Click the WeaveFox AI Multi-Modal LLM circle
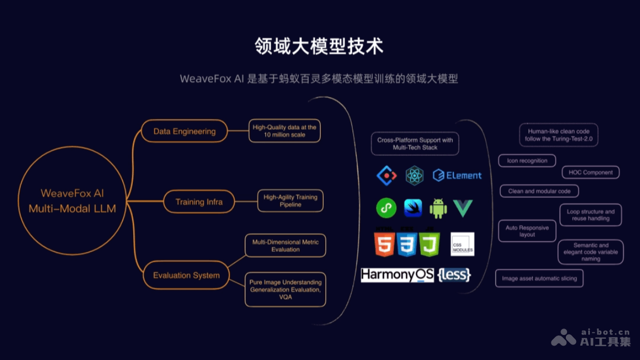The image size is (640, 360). coord(72,201)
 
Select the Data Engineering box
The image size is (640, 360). coord(185,131)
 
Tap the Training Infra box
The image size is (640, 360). coord(199,202)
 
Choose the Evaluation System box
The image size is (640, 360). coord(186,275)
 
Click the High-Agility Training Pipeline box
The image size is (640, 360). coord(290,201)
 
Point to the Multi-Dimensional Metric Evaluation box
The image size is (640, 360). coord(285,245)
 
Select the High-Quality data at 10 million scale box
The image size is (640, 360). coord(284,131)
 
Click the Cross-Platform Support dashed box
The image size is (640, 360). coord(415,143)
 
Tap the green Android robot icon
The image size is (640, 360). coord(438,208)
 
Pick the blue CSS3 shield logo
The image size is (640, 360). coord(406,244)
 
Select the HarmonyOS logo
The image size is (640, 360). coord(397,275)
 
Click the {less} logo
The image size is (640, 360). coord(454,275)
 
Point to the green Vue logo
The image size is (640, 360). coord(463,208)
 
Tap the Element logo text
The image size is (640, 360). coord(457,175)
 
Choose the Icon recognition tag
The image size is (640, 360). coord(527,161)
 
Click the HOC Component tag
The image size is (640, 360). coord(590,172)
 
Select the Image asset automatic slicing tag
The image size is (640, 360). coord(539,278)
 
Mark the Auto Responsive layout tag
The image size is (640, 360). coord(527,231)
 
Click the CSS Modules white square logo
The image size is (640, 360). coord(462,244)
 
